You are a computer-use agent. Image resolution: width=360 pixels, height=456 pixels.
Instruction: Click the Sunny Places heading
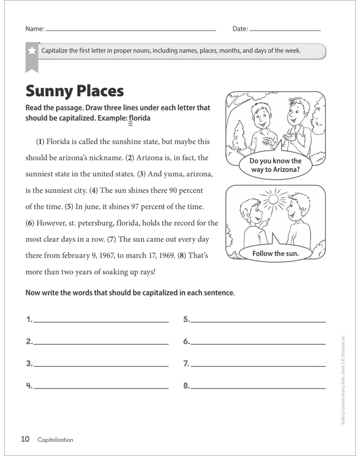(75, 91)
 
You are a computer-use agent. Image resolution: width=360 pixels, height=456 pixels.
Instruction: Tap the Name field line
(131, 29)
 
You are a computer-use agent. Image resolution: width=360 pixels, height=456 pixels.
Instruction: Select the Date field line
(285, 29)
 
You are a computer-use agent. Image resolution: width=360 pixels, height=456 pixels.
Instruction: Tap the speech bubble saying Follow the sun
(277, 252)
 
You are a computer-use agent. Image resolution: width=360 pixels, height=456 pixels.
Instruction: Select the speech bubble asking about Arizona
(276, 166)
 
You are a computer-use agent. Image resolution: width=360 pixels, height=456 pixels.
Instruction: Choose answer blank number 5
(258, 320)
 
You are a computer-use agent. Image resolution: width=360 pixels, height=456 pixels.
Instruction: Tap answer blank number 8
(258, 386)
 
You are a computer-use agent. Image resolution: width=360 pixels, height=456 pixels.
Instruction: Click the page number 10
(25, 439)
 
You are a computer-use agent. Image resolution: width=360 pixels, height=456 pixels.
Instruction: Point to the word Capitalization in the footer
(55, 439)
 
